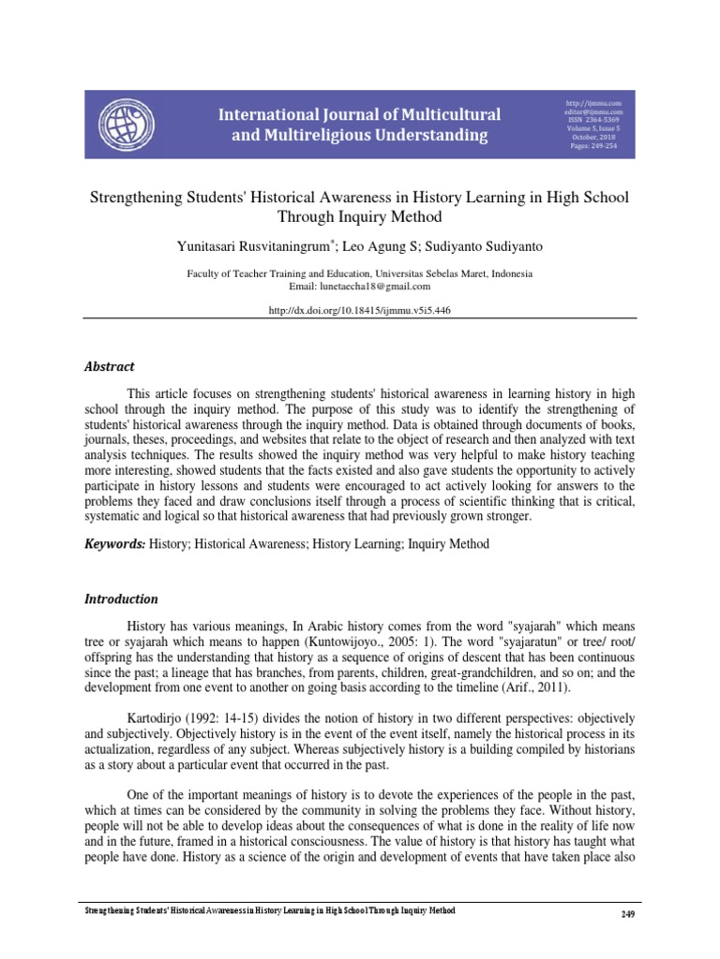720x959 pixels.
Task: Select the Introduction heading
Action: pyautogui.click(x=122, y=599)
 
